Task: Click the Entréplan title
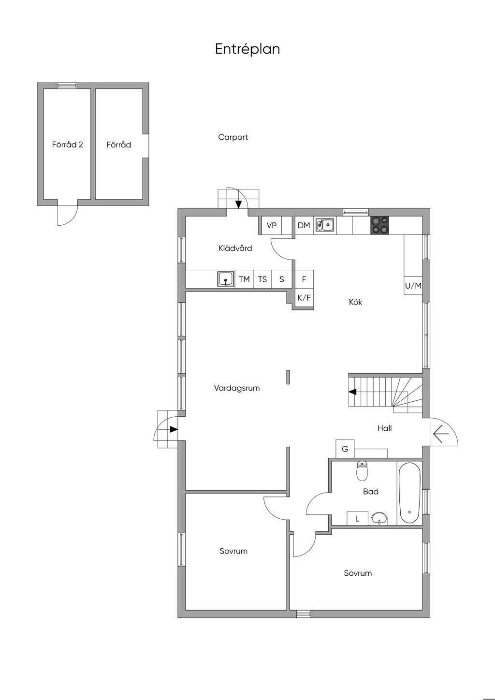pyautogui.click(x=247, y=49)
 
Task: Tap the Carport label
pyautogui.click(x=233, y=137)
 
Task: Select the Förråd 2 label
pyautogui.click(x=68, y=145)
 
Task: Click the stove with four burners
pyautogui.click(x=380, y=225)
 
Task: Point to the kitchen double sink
pyautogui.click(x=325, y=225)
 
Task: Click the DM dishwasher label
pyautogui.click(x=304, y=225)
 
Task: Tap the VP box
pyautogui.click(x=271, y=225)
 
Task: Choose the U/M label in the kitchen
pyautogui.click(x=413, y=285)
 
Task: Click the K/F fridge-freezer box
pyautogui.click(x=304, y=297)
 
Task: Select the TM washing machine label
pyautogui.click(x=245, y=279)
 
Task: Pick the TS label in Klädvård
pyautogui.click(x=262, y=279)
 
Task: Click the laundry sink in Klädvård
pyautogui.click(x=226, y=279)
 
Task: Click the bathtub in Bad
pyautogui.click(x=409, y=493)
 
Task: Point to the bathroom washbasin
pyautogui.click(x=379, y=519)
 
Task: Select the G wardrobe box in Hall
pyautogui.click(x=345, y=449)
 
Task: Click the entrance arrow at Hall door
pyautogui.click(x=441, y=434)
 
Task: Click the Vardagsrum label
pyautogui.click(x=237, y=388)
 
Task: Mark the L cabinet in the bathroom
pyautogui.click(x=357, y=518)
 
